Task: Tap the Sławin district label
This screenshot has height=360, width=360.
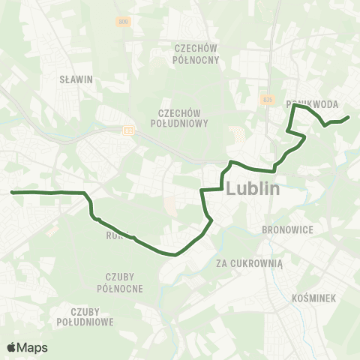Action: click(x=75, y=77)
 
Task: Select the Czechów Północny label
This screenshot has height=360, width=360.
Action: click(x=196, y=53)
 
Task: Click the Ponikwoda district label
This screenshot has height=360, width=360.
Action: click(x=313, y=104)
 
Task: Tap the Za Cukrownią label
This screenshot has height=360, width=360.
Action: click(x=249, y=263)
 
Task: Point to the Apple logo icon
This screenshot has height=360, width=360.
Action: click(x=12, y=347)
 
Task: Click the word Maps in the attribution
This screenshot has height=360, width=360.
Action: click(x=33, y=347)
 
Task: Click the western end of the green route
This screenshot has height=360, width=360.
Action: click(x=12, y=192)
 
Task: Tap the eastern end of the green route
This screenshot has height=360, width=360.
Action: click(x=349, y=116)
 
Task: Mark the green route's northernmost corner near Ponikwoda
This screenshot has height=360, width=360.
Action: click(x=293, y=106)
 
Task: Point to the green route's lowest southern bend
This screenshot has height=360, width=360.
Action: click(x=175, y=254)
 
